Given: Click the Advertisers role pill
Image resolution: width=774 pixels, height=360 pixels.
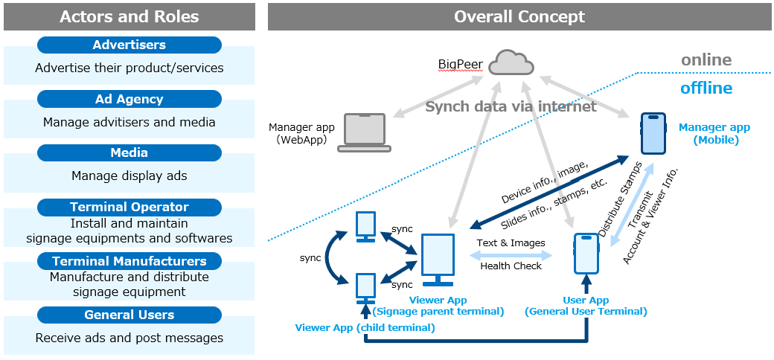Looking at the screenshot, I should [129, 45].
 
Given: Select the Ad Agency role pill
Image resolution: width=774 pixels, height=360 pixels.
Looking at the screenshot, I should [129, 100].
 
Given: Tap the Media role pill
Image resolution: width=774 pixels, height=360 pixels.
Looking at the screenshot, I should [129, 153].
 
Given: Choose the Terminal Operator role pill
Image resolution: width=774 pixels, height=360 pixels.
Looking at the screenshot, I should [129, 208].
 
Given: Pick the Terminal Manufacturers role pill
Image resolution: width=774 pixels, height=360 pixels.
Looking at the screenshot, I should [129, 262].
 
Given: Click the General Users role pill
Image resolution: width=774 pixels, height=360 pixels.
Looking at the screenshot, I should [129, 315].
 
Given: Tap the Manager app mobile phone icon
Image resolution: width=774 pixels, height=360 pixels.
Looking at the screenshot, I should [653, 134].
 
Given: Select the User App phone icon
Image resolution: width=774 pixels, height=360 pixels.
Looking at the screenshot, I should [586, 254].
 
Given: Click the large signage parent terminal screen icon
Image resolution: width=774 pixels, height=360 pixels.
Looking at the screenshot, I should [438, 260].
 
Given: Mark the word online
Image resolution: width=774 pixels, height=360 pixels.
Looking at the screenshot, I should [706, 60].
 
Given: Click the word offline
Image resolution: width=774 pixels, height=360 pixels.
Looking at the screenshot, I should [706, 89].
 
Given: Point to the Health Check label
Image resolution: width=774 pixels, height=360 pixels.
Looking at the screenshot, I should [511, 266].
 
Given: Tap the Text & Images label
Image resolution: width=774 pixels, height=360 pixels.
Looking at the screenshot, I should [511, 242].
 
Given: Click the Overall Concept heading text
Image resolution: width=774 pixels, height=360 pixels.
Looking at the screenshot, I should [519, 16].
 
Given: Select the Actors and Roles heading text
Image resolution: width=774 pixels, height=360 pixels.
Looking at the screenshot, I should [129, 16].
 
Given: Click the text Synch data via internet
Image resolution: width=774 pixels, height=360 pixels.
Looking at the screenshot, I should [511, 106].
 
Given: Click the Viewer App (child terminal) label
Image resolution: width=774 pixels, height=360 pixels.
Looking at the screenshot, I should [365, 327].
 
